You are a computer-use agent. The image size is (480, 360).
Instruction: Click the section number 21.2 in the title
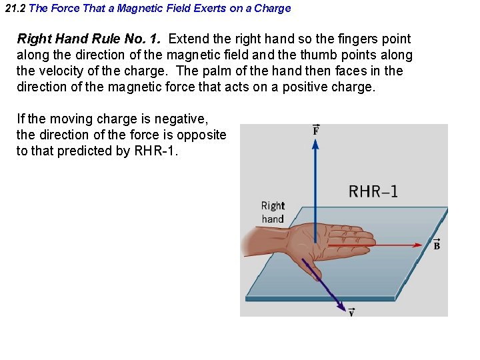[15, 9]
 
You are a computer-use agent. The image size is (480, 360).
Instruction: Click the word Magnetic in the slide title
[139, 9]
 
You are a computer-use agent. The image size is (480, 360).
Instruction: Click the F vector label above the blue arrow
[316, 130]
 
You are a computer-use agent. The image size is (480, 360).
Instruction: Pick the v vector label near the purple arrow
[351, 312]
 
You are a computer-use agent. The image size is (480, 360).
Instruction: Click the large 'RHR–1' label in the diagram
[373, 192]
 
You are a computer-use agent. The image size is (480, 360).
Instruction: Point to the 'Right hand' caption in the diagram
[273, 212]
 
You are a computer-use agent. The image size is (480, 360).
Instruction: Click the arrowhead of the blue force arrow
[316, 145]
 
